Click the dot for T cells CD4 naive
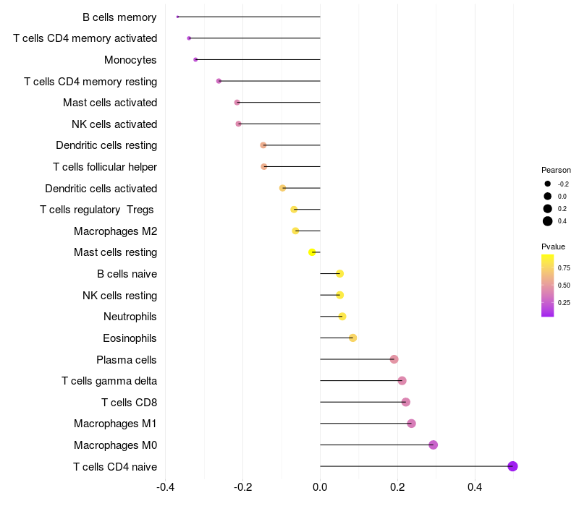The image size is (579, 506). point(512,466)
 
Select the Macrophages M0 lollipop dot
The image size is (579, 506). point(433,445)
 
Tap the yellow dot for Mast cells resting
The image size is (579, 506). point(312,252)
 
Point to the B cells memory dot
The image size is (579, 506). point(177,17)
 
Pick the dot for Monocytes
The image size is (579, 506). point(195,59)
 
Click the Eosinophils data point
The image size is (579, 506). point(352,338)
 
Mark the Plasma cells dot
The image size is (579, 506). point(394,359)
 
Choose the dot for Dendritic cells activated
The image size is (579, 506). point(282,188)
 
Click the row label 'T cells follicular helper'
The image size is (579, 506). point(105,167)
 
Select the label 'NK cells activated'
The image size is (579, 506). point(114,124)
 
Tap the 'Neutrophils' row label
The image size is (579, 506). point(130,317)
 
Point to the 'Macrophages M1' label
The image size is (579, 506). point(115,424)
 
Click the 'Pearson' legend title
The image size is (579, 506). point(556,170)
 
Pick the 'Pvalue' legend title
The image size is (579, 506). point(553,246)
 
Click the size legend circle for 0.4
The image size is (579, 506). point(548,221)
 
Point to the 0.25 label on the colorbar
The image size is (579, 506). point(564,303)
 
